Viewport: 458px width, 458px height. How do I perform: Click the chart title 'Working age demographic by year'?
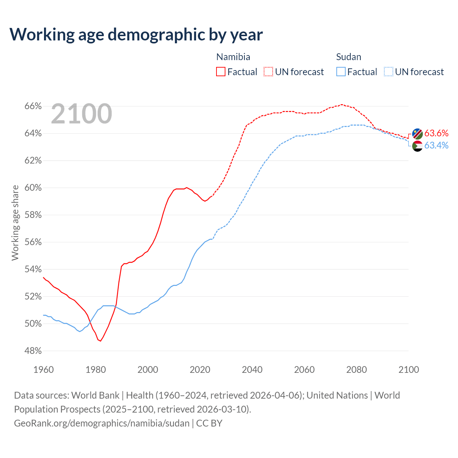click(136, 34)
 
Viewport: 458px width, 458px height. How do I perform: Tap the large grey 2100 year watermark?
click(82, 114)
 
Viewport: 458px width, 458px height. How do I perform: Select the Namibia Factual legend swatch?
click(221, 72)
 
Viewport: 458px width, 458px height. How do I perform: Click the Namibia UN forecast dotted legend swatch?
click(268, 72)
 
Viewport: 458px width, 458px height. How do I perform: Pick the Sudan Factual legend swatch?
click(341, 72)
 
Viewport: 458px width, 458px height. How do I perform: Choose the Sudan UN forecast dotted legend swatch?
click(389, 72)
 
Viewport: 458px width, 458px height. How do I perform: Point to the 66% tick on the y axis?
click(33, 106)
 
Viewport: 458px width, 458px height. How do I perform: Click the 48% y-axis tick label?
click(33, 351)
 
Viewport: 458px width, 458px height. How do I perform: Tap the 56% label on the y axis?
click(33, 242)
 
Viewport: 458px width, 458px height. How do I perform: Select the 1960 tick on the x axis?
click(44, 370)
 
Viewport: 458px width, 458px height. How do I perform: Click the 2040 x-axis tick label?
click(252, 370)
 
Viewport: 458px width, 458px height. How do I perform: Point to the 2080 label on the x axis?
click(356, 370)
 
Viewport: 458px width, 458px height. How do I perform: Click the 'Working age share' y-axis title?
click(15, 223)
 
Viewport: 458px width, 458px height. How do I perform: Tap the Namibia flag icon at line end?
click(418, 134)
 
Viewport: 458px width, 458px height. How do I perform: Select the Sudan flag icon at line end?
click(418, 146)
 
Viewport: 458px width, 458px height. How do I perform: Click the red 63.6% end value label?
click(437, 133)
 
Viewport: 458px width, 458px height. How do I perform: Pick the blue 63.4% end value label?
click(437, 145)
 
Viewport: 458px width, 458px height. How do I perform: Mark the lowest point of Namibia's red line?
click(101, 341)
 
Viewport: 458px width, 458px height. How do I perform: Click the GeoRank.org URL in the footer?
click(102, 423)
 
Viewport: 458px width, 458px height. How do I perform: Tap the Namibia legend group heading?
click(233, 57)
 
